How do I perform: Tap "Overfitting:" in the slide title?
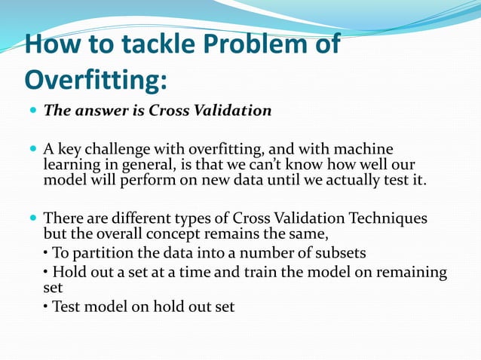[97, 78]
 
